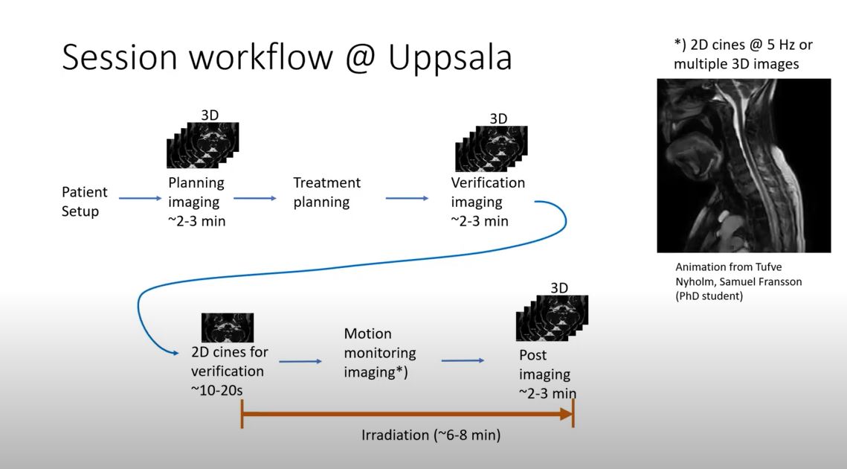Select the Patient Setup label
pos(84,201)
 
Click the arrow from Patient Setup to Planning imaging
pos(140,198)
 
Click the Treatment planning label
pos(326,192)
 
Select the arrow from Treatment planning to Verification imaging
pos(407,198)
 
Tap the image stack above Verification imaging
pos(491,150)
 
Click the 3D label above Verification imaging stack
pos(498,119)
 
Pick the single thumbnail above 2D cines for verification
pos(228,328)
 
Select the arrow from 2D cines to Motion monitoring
pos(300,362)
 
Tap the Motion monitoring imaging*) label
pos(379,352)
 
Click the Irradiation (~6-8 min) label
pos(431,435)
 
